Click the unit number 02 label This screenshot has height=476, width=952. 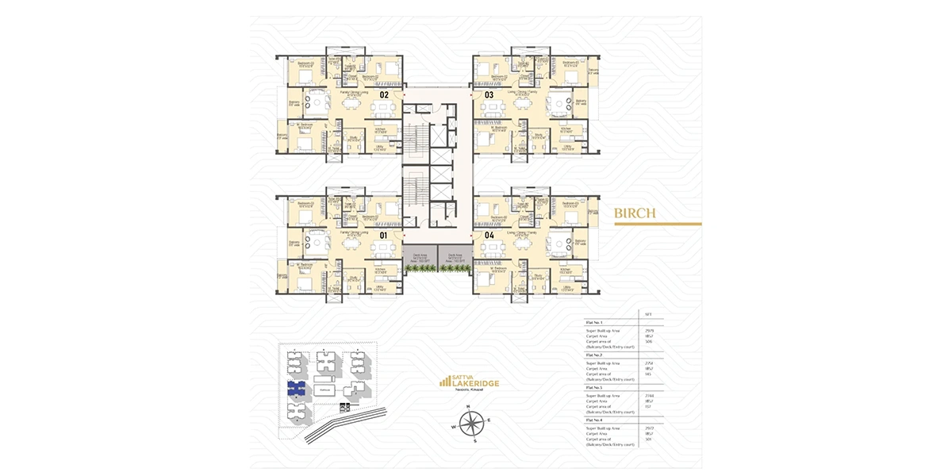[x=384, y=94]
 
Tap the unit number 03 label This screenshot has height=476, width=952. [x=489, y=94]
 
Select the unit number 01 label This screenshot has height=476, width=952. [x=384, y=235]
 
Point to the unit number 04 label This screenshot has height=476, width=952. [x=489, y=235]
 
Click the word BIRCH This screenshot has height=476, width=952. [x=634, y=213]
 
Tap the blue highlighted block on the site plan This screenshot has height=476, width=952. [x=297, y=388]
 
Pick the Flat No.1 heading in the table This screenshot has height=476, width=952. [x=595, y=323]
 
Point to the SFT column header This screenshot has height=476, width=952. [x=649, y=314]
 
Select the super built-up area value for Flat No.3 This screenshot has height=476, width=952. [x=649, y=394]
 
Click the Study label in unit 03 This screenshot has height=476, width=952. [x=539, y=135]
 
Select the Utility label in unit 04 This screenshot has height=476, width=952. [x=566, y=288]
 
